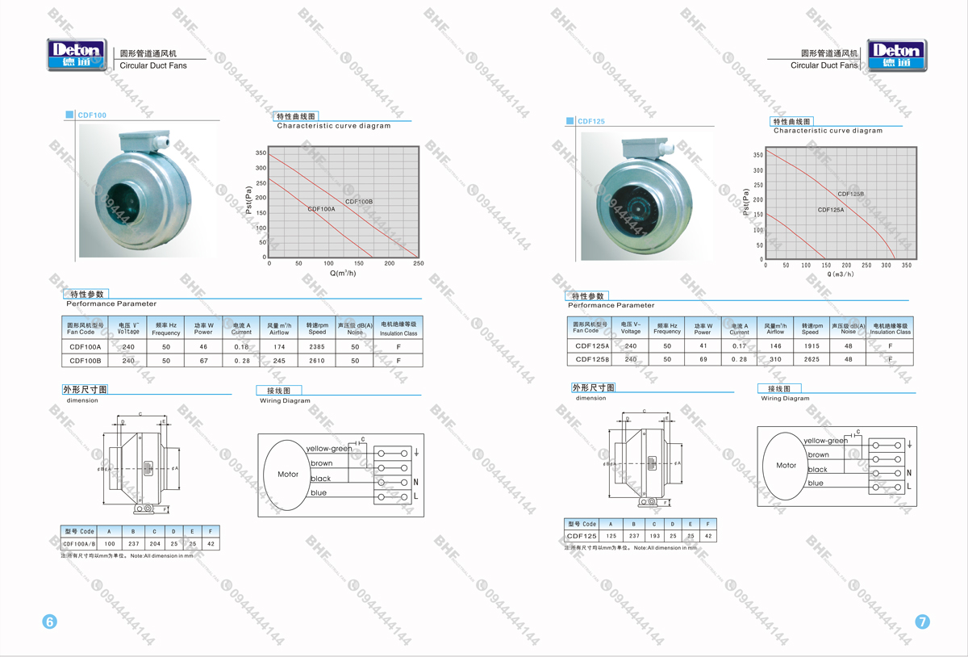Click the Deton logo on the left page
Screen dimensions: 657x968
coord(77,55)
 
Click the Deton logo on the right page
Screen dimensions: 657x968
coord(896,55)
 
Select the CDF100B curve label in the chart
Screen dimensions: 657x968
coord(359,201)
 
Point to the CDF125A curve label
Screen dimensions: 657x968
coord(831,210)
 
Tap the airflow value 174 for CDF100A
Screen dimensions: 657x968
coord(278,346)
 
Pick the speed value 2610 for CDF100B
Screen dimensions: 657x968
coord(317,361)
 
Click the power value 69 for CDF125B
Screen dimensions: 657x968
coord(703,359)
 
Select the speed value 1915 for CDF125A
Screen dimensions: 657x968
coord(810,345)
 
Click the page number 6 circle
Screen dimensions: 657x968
coord(49,621)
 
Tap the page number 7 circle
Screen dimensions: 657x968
coord(922,621)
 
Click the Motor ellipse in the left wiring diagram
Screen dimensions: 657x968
coord(287,475)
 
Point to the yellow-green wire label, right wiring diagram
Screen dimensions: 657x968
coord(825,441)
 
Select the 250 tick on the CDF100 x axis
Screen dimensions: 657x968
coord(418,264)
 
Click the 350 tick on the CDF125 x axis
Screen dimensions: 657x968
coord(907,266)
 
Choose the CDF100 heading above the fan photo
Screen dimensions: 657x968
coord(92,115)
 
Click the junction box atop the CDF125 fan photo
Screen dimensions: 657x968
coord(646,149)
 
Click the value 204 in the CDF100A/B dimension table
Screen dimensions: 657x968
coord(154,544)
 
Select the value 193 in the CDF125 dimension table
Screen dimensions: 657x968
coord(654,536)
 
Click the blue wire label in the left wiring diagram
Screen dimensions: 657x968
coord(319,493)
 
